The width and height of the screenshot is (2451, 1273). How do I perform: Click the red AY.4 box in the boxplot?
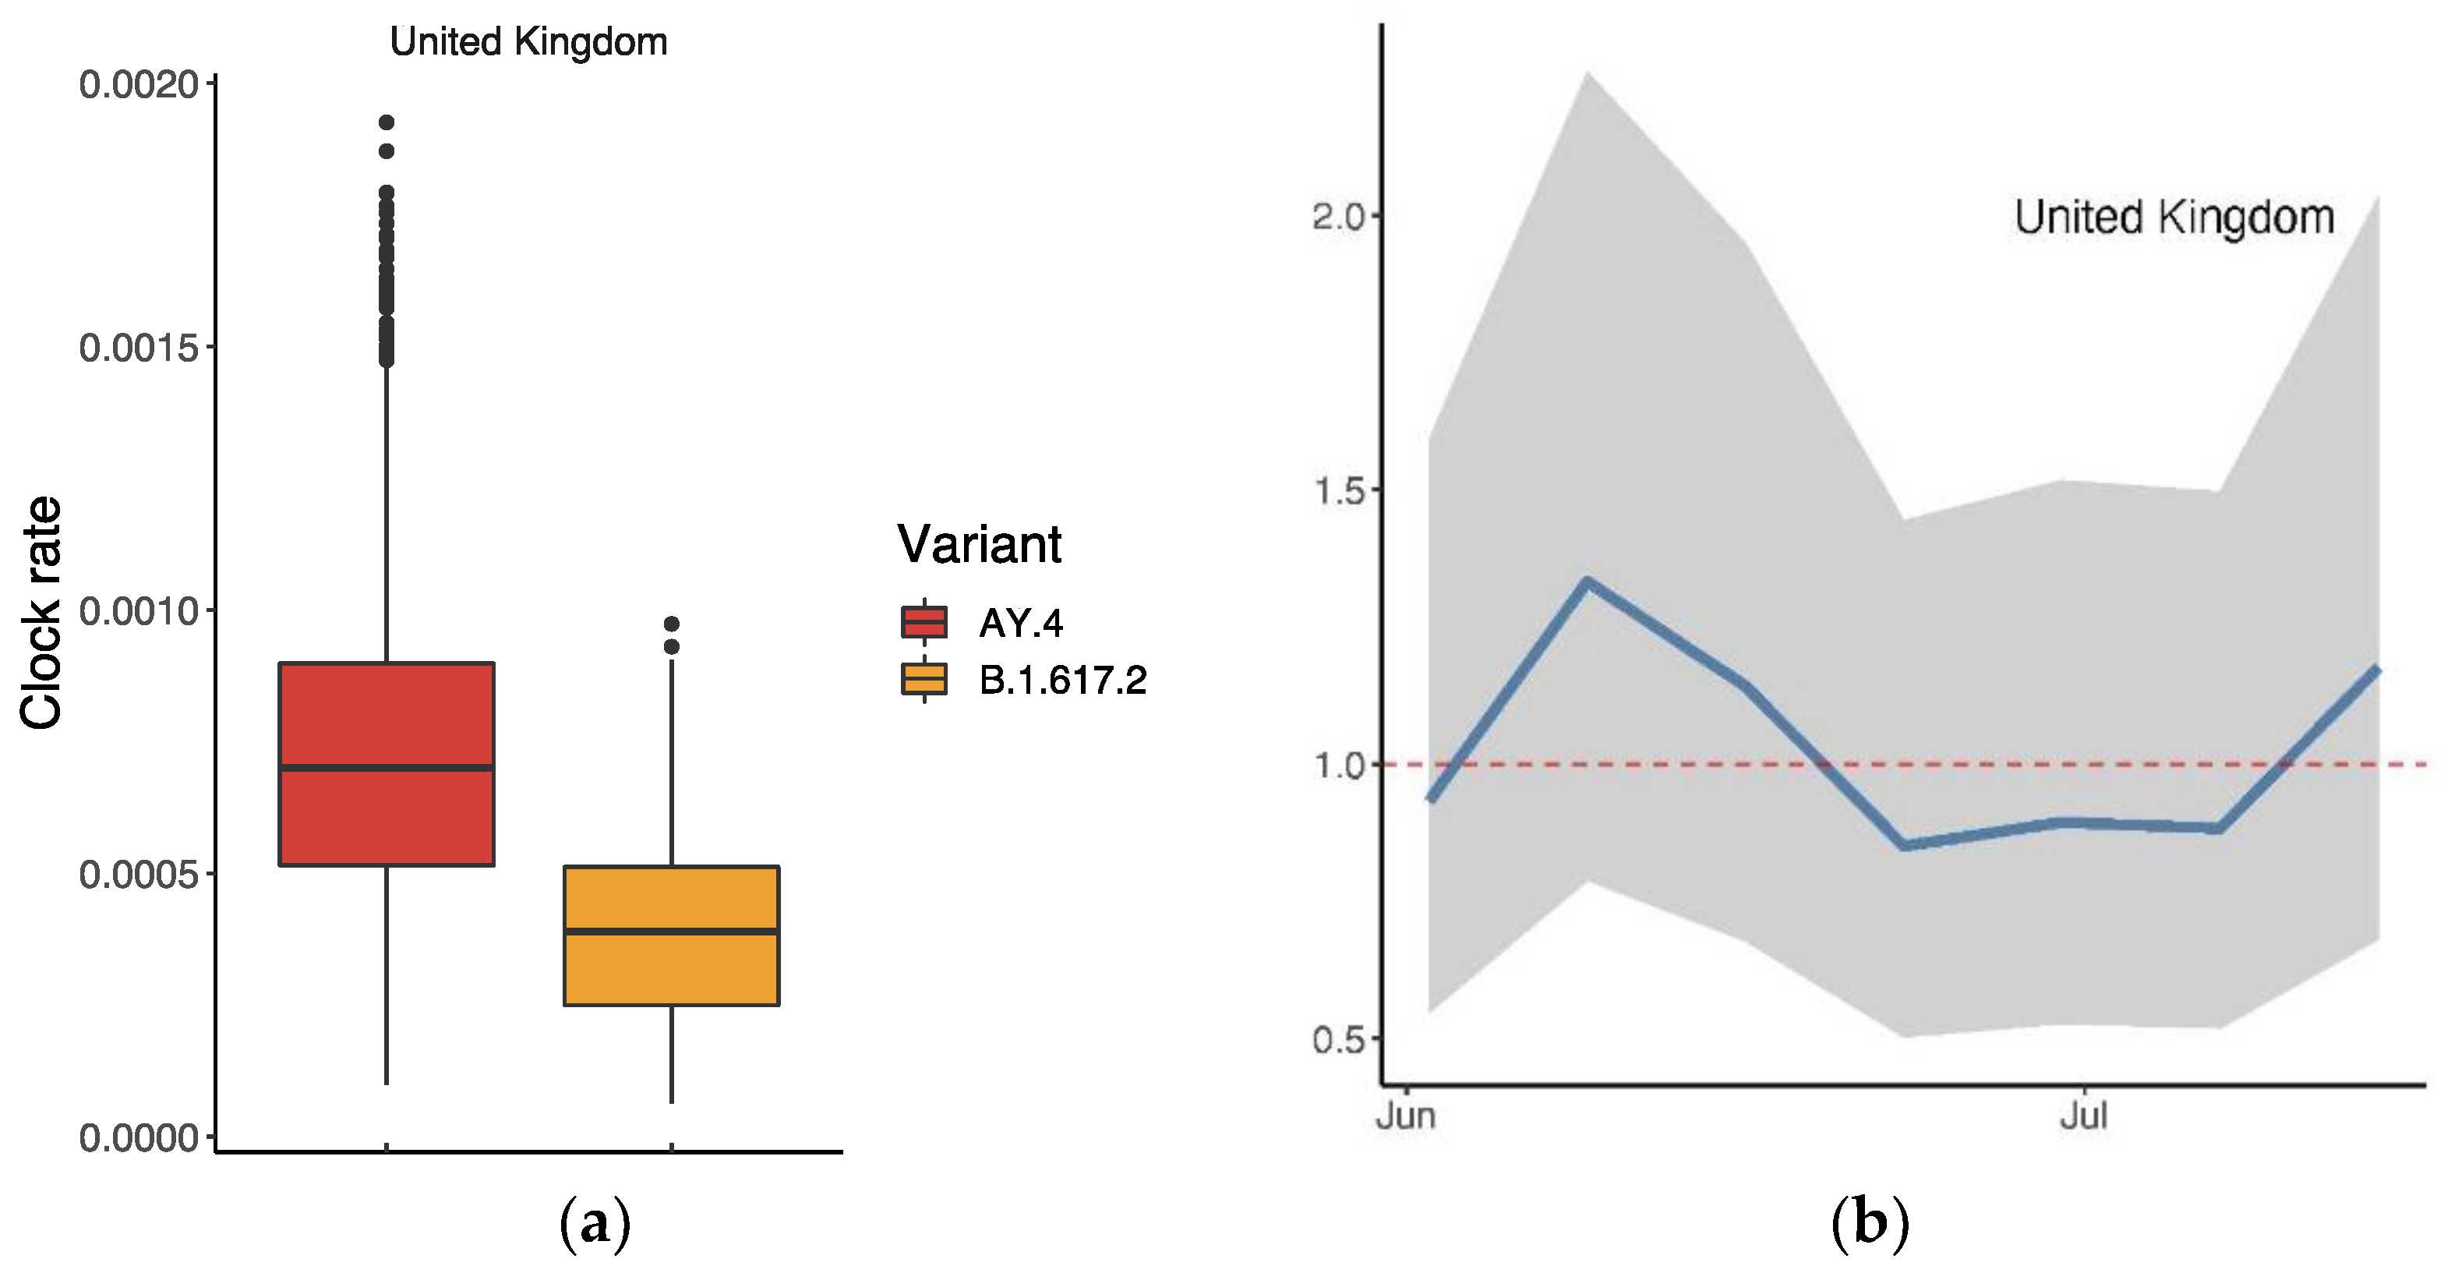[x=387, y=723]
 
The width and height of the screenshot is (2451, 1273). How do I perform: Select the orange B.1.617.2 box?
[x=672, y=971]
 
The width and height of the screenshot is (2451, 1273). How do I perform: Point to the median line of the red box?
[x=387, y=767]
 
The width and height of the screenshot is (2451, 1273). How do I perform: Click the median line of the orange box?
[x=672, y=932]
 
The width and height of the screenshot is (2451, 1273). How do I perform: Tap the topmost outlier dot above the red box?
[x=387, y=122]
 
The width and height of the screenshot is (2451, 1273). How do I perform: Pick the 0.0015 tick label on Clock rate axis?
[x=139, y=348]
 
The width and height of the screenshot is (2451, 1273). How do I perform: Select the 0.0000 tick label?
[x=139, y=1138]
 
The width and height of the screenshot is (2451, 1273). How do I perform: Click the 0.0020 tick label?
[x=139, y=85]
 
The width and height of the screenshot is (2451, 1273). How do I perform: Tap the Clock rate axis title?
[x=42, y=614]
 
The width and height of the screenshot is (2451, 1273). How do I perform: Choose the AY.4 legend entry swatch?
[x=924, y=622]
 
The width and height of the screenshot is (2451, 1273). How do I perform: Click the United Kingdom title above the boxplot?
[x=529, y=42]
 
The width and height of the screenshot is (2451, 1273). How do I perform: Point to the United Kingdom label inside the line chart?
[x=2174, y=217]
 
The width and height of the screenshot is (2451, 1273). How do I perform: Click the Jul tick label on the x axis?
[x=2084, y=1115]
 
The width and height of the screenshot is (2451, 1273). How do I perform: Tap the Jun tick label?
[x=1406, y=1115]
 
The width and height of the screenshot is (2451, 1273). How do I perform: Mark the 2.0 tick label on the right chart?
[x=1339, y=217]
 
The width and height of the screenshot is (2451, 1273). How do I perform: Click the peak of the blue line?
[x=1587, y=582]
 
